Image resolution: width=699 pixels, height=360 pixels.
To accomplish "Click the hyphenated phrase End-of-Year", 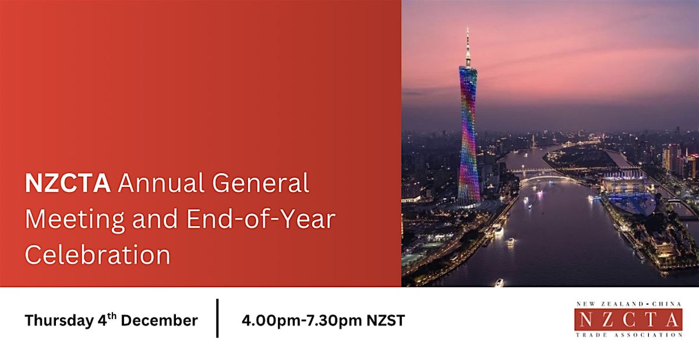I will pos(256,220).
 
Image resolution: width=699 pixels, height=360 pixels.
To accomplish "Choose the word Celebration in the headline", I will pos(97,255).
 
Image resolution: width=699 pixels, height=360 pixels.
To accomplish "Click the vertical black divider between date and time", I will pos(218,318).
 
